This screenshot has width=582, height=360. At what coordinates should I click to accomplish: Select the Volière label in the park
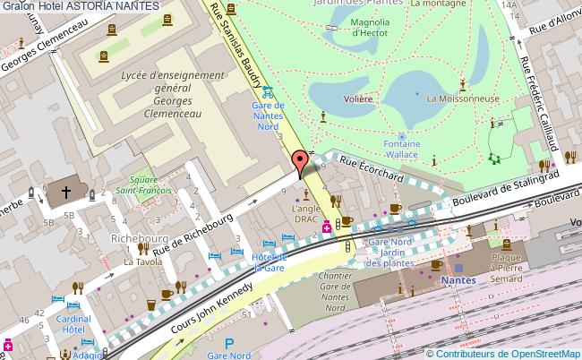point(357,99)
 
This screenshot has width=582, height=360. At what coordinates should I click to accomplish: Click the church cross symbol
point(65,191)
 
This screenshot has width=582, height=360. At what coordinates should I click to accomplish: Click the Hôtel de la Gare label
point(268,261)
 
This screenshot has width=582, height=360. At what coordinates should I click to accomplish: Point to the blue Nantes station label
point(458,280)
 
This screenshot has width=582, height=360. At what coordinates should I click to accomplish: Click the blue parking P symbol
point(229,342)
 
